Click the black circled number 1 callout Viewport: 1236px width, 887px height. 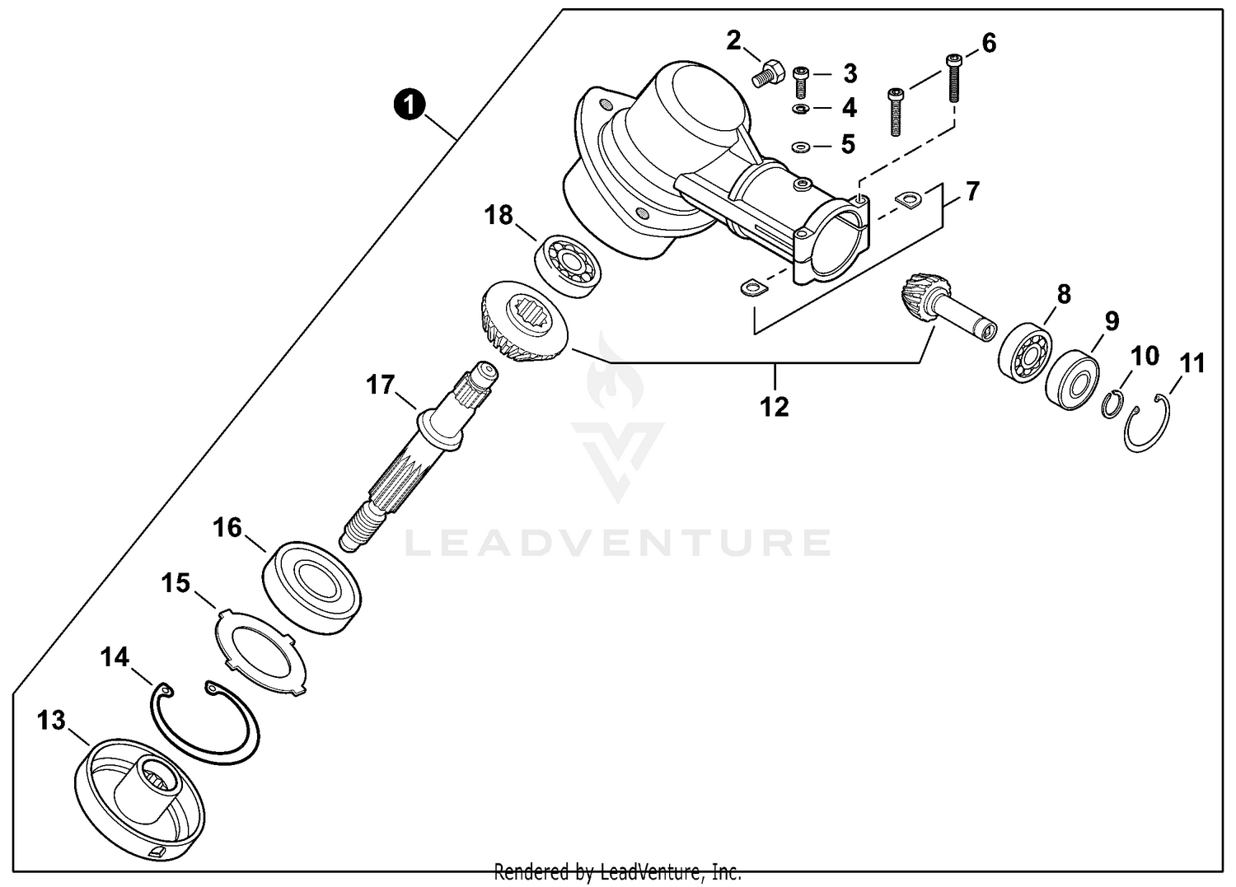(x=410, y=105)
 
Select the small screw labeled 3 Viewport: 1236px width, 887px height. (x=800, y=82)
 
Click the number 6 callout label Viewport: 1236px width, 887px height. (x=989, y=43)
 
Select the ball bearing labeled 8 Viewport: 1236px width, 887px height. (x=1025, y=354)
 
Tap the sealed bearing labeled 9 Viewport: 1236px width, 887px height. (x=1073, y=380)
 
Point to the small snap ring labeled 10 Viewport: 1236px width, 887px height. (x=1114, y=404)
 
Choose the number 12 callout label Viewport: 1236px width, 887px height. (x=775, y=406)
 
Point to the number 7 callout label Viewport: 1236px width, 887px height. (x=972, y=192)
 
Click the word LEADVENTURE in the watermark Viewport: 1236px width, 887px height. (x=618, y=543)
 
